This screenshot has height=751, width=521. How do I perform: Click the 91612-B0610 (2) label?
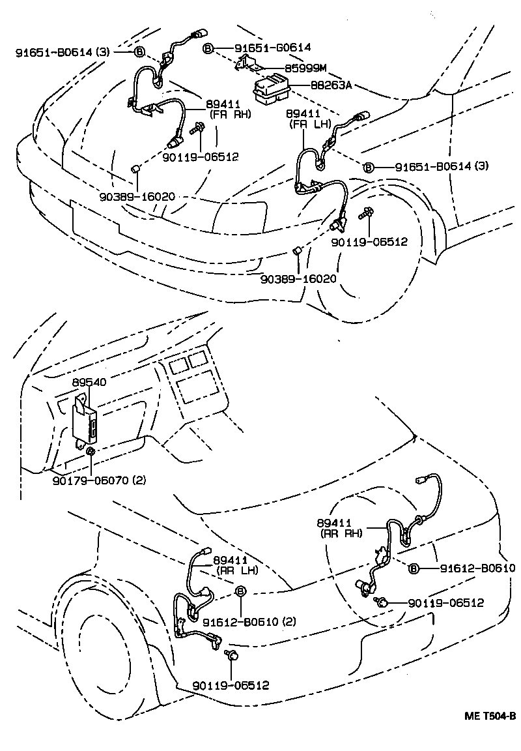pos(249,621)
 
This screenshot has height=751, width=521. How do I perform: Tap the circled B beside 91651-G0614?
pos(207,48)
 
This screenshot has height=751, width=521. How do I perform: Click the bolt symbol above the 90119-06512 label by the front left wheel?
pos(365,213)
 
